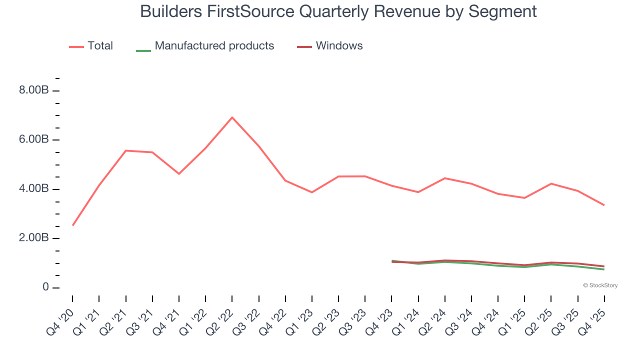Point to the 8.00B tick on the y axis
coord(34,90)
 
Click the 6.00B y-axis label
coord(34,139)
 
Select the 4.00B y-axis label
coord(34,189)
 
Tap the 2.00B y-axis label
coord(34,238)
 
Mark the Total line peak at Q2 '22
coord(232,117)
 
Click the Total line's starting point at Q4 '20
coord(73,225)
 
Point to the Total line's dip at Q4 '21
coord(179,173)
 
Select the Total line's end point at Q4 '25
coord(604,205)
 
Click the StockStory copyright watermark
coord(600,285)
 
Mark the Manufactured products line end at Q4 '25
coord(604,269)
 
